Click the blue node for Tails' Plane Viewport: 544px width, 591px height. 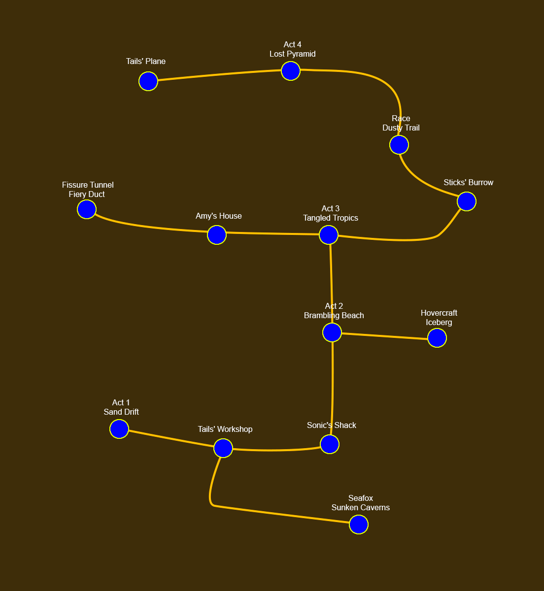click(x=148, y=81)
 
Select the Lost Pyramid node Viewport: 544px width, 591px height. click(x=291, y=71)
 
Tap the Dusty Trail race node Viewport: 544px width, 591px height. click(x=399, y=145)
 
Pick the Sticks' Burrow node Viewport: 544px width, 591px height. click(x=467, y=201)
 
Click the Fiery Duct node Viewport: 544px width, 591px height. click(x=87, y=210)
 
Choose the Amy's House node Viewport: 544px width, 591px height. click(x=217, y=235)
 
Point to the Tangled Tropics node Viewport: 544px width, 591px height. click(x=329, y=235)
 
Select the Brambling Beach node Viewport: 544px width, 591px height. click(x=332, y=332)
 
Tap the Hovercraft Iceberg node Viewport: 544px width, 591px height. click(x=437, y=338)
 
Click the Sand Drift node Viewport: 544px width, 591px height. click(x=119, y=429)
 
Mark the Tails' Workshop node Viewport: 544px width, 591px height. click(x=223, y=448)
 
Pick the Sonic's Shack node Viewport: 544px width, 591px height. click(x=330, y=444)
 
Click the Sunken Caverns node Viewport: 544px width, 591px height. click(x=359, y=525)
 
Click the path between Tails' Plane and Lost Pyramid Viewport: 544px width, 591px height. click(x=219, y=75)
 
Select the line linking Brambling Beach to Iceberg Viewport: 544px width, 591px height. click(x=384, y=336)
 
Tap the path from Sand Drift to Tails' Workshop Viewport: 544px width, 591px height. click(x=171, y=439)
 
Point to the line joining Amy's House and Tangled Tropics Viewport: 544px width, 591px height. click(x=272, y=233)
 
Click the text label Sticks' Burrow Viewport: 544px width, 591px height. click(x=468, y=183)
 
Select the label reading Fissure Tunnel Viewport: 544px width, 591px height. click(x=88, y=185)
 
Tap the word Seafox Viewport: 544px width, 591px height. click(x=360, y=498)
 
